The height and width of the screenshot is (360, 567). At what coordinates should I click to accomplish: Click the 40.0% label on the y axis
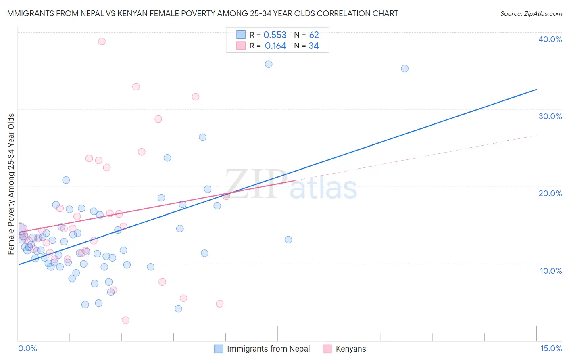(x=550, y=39)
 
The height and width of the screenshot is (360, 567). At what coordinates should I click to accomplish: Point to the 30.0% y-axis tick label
(x=550, y=116)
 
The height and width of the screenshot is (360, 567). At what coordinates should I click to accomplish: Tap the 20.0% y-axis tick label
(x=550, y=193)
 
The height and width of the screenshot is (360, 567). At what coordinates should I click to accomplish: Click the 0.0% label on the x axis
(x=27, y=348)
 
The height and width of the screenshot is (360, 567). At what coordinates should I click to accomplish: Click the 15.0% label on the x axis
(x=551, y=348)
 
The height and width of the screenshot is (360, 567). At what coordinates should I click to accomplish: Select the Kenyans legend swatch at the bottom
(x=327, y=349)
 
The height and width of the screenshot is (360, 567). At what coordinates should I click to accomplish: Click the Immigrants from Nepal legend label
(x=268, y=349)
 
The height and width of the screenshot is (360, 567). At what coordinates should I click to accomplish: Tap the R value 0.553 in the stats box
(x=275, y=35)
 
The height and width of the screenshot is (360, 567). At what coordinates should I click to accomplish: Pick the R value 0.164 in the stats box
(x=275, y=46)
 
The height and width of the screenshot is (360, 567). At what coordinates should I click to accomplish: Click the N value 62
(x=314, y=35)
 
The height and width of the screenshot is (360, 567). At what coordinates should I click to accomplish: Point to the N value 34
(x=314, y=46)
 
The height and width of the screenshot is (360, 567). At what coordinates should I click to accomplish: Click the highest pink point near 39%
(x=102, y=41)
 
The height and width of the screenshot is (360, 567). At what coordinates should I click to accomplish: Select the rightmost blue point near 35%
(x=404, y=69)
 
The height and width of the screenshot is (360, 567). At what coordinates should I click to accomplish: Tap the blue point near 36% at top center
(x=269, y=64)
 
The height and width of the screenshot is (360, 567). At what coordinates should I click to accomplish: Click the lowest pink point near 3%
(x=125, y=320)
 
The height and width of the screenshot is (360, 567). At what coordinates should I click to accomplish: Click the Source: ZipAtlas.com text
(x=531, y=14)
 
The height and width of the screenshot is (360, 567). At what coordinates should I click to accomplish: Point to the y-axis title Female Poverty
(x=11, y=184)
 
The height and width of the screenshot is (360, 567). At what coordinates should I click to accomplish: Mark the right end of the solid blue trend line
(x=536, y=89)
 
